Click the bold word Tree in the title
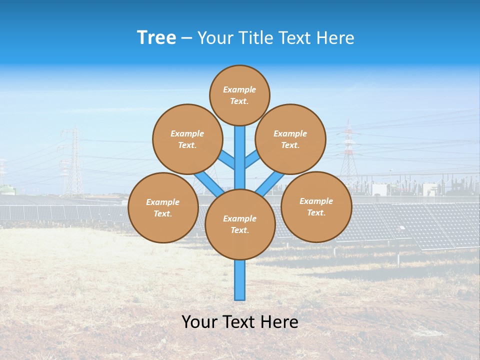(x=156, y=37)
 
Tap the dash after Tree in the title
(x=186, y=38)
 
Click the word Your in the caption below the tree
(x=199, y=322)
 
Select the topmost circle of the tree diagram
(x=239, y=95)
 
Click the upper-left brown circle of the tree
(x=187, y=139)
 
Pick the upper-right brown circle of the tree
(x=290, y=139)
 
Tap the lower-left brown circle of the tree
(x=163, y=207)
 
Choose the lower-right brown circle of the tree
(x=316, y=206)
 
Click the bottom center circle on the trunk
(x=240, y=224)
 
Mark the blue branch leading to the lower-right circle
(x=270, y=183)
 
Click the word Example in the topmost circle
(x=239, y=89)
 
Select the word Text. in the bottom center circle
(x=239, y=230)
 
